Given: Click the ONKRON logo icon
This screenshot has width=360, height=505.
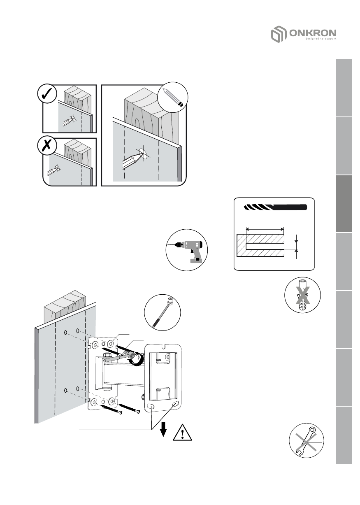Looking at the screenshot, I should (x=277, y=34).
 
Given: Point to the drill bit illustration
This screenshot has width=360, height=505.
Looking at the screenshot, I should (x=275, y=207).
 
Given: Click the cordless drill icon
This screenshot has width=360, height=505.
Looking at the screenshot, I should (x=187, y=250).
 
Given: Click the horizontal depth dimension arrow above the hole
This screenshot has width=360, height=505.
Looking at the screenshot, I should (x=265, y=229).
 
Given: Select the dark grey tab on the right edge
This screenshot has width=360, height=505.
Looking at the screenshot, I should (x=344, y=204).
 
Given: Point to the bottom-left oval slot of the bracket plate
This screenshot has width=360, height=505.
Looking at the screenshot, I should (x=151, y=407).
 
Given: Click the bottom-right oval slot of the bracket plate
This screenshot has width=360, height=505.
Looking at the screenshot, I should (x=176, y=405).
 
